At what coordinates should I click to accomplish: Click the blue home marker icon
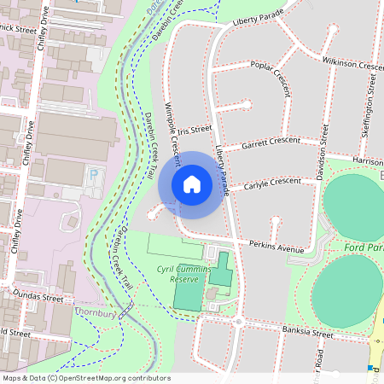pyautogui.click(x=192, y=184)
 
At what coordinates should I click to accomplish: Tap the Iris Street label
pyautogui.click(x=195, y=130)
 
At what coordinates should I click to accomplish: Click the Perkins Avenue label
pyautogui.click(x=276, y=248)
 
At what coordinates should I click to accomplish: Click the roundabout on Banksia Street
pyautogui.click(x=238, y=322)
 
